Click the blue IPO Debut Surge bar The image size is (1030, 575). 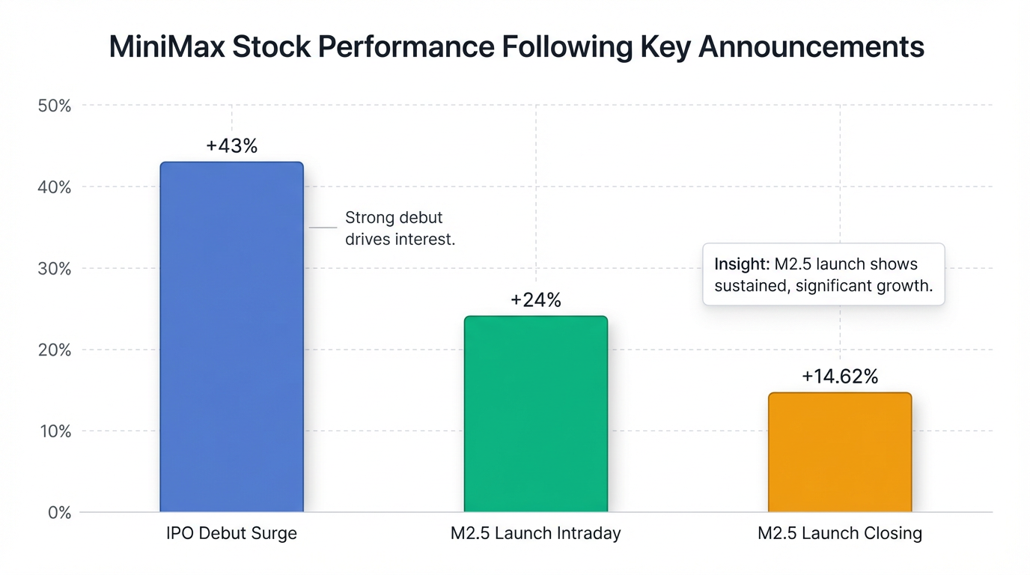(231, 337)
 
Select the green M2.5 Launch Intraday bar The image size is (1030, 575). (535, 414)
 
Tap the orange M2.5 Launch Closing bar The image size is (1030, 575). (839, 452)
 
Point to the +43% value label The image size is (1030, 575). (231, 146)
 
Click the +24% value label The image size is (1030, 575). (535, 300)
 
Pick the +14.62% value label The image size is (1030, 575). (839, 377)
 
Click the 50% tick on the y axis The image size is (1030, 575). (54, 106)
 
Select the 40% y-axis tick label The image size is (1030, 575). (54, 187)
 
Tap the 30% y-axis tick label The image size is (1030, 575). (54, 269)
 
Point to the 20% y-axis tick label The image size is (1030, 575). (54, 350)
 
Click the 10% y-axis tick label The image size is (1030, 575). (54, 432)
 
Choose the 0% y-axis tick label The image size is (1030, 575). (59, 513)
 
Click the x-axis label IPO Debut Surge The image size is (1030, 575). (231, 534)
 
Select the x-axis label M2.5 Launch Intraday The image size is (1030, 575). (535, 534)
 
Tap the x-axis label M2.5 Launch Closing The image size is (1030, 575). (839, 534)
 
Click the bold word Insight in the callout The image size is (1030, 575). (741, 264)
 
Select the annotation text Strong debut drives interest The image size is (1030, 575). (400, 228)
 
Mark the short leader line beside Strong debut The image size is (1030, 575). (323, 227)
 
